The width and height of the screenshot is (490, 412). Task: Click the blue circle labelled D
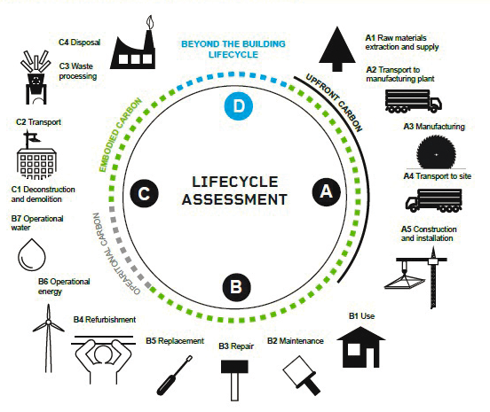click(x=239, y=106)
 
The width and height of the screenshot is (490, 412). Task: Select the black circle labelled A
click(x=327, y=192)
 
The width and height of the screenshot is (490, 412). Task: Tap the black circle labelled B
click(x=236, y=287)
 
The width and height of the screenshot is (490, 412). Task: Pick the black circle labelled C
click(x=144, y=193)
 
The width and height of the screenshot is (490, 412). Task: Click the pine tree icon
click(x=337, y=49)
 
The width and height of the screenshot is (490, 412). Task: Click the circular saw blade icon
click(x=436, y=152)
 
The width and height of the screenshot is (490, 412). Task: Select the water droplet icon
click(x=32, y=255)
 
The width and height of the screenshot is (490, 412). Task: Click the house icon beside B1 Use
click(x=361, y=346)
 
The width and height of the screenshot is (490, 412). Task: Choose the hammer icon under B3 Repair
click(x=234, y=380)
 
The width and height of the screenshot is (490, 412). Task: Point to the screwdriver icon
click(x=174, y=376)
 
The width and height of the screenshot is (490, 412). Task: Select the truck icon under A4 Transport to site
click(x=434, y=200)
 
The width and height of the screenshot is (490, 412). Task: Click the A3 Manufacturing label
click(x=434, y=127)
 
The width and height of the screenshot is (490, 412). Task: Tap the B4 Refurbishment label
click(x=105, y=320)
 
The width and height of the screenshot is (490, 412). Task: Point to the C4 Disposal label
click(x=80, y=43)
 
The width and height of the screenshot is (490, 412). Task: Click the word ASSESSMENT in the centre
click(x=234, y=199)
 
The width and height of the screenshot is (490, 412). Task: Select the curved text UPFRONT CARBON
click(x=334, y=102)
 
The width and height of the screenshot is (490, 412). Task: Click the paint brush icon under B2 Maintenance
click(x=301, y=376)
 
